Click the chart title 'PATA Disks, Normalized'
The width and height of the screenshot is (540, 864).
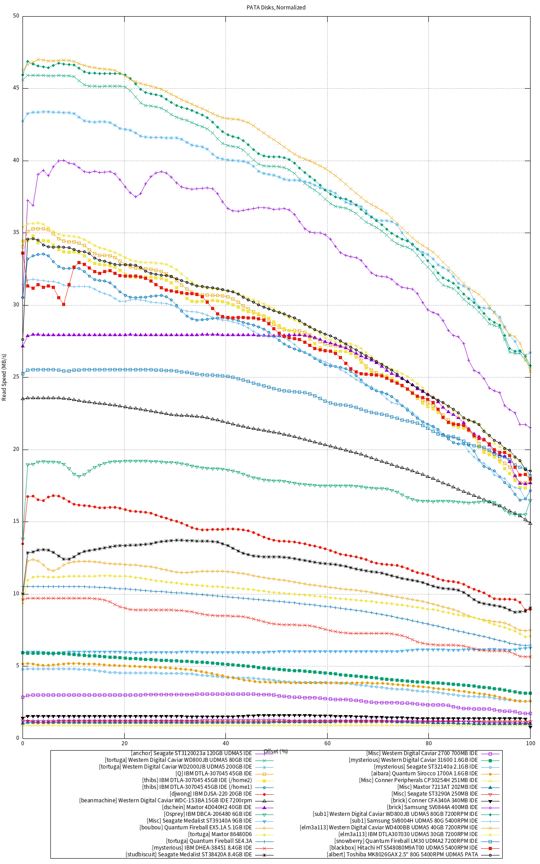[276, 7]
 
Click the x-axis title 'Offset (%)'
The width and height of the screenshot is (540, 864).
[275, 751]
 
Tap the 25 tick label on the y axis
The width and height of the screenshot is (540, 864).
[16, 377]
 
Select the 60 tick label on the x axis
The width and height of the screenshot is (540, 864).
[327, 743]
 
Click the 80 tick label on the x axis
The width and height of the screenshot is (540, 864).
[429, 743]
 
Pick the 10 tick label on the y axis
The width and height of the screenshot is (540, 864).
[16, 594]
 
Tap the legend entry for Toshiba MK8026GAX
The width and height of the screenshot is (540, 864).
[402, 855]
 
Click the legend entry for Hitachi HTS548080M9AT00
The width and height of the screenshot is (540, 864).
[404, 848]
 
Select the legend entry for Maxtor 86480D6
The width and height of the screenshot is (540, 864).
[220, 834]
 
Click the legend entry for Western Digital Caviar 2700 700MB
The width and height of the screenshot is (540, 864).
[422, 753]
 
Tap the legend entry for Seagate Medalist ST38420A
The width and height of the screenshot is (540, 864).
[189, 855]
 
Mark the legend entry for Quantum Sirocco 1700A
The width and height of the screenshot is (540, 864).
[424, 774]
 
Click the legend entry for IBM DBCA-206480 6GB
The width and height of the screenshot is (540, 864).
[208, 814]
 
